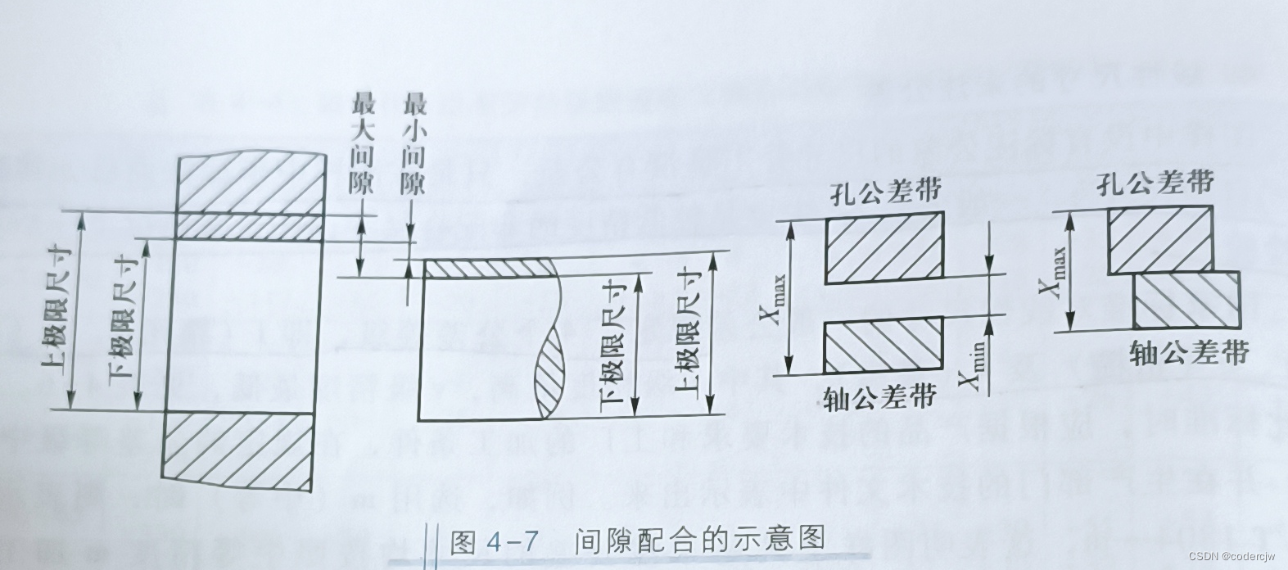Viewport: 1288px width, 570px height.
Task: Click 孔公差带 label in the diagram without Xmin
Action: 1155,183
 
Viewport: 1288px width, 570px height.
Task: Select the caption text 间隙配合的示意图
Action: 698,541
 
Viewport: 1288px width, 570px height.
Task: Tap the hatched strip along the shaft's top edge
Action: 486,269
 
